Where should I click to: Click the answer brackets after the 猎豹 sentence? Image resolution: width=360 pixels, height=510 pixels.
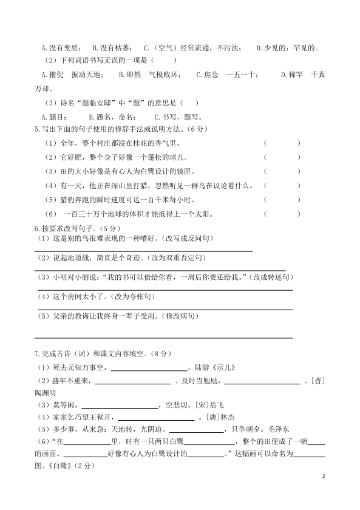click(282, 199)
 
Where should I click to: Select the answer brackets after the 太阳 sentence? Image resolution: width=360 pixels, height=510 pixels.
click(282, 213)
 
